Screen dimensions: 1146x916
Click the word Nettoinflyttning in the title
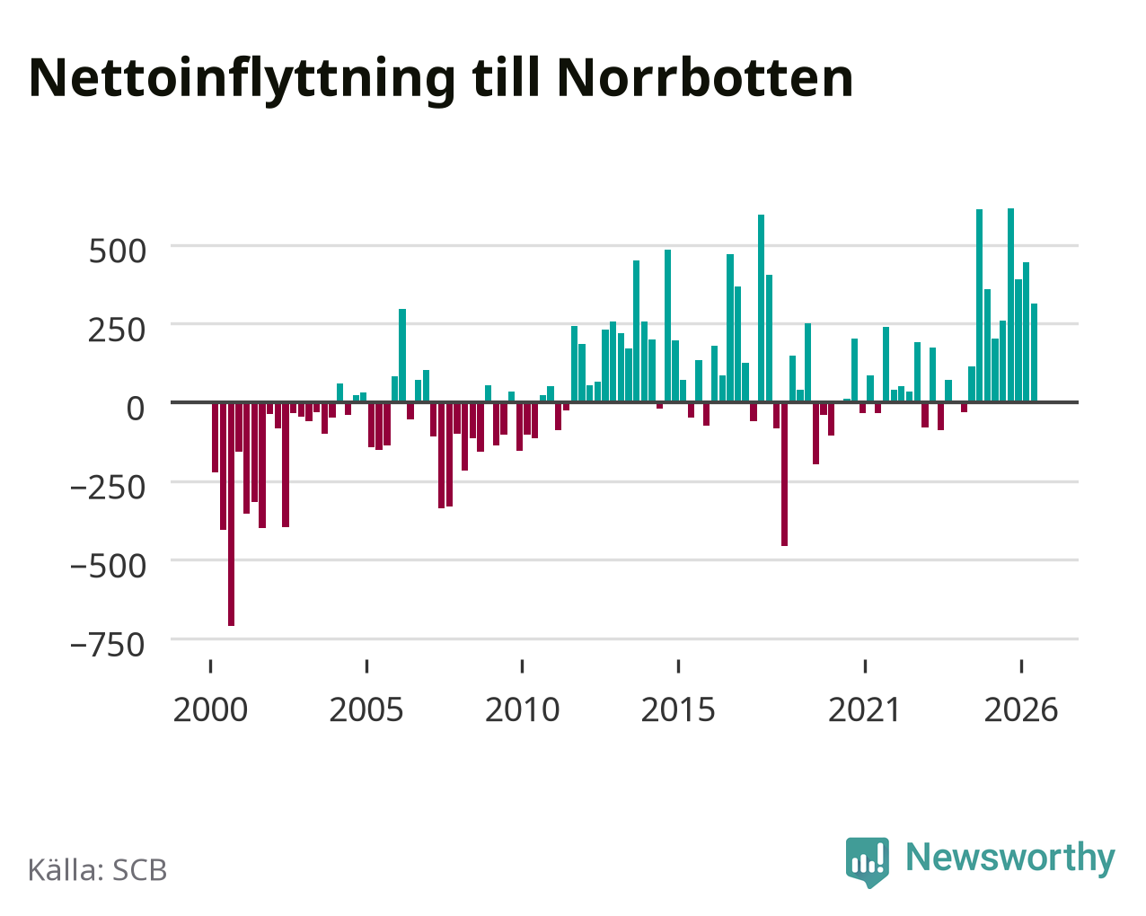click(242, 80)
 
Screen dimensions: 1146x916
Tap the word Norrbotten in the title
click(705, 78)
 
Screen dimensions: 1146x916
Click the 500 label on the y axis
click(117, 251)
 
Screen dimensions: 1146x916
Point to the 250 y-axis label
click(117, 330)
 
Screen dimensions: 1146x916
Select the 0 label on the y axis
click(136, 409)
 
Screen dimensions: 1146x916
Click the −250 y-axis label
click(108, 488)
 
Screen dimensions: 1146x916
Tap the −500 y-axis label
click(108, 566)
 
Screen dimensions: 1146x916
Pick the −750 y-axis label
click(108, 645)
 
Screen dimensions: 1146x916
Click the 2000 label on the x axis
click(211, 709)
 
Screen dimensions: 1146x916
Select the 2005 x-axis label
click(366, 709)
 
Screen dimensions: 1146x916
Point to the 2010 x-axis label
click(523, 709)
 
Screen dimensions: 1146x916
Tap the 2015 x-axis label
click(678, 709)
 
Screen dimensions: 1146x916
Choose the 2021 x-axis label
click(865, 709)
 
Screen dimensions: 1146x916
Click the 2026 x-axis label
click(1021, 709)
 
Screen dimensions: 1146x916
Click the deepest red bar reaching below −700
click(231, 515)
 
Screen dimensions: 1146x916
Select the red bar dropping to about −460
click(784, 474)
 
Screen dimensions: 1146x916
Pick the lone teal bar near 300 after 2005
click(402, 356)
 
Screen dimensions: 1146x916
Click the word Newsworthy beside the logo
click(1010, 858)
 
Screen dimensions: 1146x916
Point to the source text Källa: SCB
click(98, 870)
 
